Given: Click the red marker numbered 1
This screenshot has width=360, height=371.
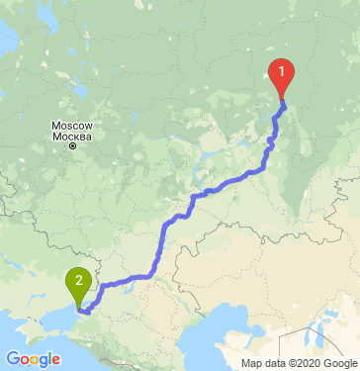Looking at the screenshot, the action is click(283, 73).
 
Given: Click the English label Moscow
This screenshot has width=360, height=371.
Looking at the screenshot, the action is click(71, 127).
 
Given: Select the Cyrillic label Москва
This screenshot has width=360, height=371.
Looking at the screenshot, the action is click(71, 137).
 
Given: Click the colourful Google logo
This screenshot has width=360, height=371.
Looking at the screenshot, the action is click(33, 358).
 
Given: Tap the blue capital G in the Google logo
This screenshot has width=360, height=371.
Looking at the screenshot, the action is click(13, 358).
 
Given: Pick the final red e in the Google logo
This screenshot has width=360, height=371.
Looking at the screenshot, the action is click(55, 359).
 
